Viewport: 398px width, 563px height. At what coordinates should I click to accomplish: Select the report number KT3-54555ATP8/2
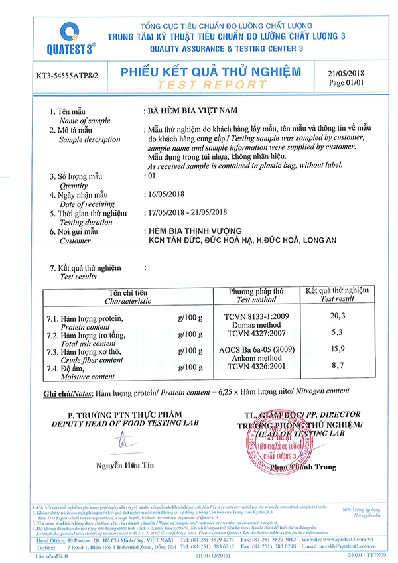pos(67,76)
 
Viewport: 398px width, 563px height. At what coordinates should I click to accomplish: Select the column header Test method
pos(256,300)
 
